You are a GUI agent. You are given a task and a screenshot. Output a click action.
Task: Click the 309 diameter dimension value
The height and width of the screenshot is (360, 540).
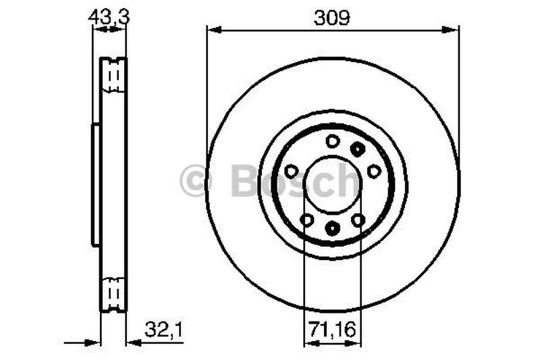click(x=332, y=18)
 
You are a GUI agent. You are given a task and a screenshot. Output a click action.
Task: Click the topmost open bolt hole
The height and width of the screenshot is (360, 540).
click(x=332, y=140)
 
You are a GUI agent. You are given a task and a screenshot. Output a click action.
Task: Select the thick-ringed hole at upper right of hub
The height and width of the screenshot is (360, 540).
click(x=358, y=149)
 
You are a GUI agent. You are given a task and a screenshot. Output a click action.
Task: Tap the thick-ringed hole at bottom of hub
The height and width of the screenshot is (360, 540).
click(x=332, y=228)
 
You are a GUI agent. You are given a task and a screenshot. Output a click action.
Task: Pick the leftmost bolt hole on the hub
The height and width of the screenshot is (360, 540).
click(x=291, y=172)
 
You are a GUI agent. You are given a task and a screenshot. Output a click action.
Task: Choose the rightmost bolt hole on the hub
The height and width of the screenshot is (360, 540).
click(x=374, y=172)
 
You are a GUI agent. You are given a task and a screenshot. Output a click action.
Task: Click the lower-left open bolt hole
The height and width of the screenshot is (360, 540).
click(x=306, y=220)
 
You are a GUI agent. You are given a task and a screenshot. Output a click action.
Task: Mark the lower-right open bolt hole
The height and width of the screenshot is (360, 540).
click(x=358, y=220)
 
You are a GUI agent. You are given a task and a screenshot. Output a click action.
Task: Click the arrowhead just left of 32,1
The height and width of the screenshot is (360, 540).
click(x=132, y=342)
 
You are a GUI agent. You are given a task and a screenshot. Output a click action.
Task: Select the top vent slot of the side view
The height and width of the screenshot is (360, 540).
click(x=113, y=76)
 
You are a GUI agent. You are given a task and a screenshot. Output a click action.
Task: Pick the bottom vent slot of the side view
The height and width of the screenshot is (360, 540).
click(x=113, y=292)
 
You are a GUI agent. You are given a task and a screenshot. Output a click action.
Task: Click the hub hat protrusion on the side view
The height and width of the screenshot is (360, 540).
click(x=96, y=184)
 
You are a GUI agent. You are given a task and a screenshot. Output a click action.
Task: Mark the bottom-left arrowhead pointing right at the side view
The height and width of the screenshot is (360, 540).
click(x=94, y=342)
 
